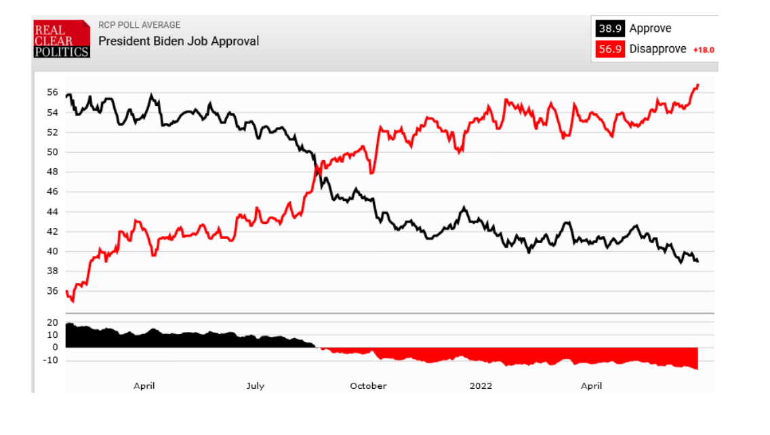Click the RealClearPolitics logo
coord(62,39)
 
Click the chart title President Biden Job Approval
coord(178,41)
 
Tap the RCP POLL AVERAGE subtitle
coord(139,25)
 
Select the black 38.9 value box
coord(609,29)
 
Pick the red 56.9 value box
coord(609,49)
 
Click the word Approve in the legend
coord(650,29)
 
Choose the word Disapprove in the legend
coord(657,49)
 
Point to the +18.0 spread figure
coord(704,50)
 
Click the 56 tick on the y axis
coord(52,92)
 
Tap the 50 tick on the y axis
coord(52,152)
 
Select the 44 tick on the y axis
coord(52,212)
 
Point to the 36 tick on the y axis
coord(52,291)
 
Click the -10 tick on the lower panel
coord(49,360)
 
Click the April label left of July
coord(144,386)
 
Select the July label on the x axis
coord(255,386)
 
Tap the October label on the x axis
coord(368,386)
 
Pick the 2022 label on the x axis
coord(481,386)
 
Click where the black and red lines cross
coord(317,170)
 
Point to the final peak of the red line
coord(697,85)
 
